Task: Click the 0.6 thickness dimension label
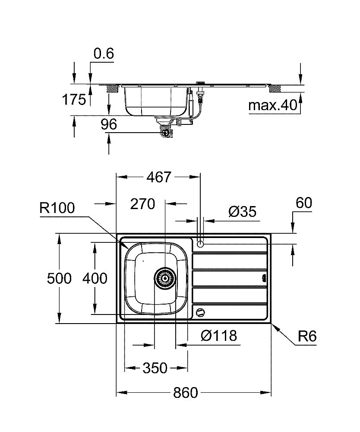(x=104, y=54)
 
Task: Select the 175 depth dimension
(x=74, y=100)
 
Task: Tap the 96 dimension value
(x=109, y=124)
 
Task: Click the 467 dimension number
(x=158, y=177)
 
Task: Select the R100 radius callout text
(x=57, y=208)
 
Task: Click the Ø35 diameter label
(x=242, y=211)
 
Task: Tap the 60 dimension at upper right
(x=303, y=203)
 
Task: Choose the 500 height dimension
(x=59, y=279)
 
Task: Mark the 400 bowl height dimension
(x=95, y=279)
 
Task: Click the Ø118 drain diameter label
(x=219, y=335)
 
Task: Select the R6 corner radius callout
(x=307, y=336)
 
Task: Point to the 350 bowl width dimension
(x=155, y=368)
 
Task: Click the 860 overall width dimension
(x=185, y=393)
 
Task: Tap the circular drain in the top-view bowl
(x=165, y=278)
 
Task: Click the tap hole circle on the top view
(x=200, y=244)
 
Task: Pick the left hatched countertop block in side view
(x=113, y=89)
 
